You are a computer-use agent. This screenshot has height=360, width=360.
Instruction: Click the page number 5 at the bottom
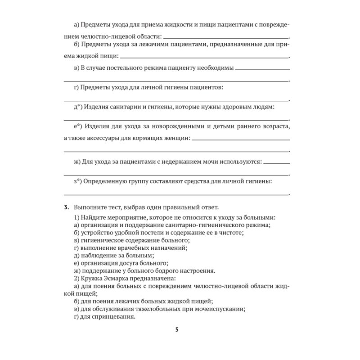pyautogui.click(x=177, y=329)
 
